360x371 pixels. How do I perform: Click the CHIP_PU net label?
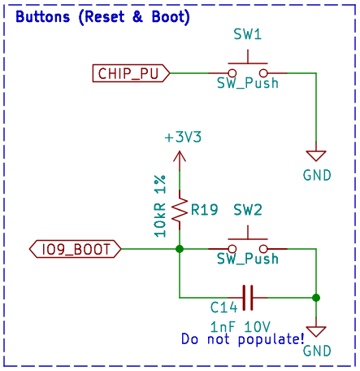coord(131,73)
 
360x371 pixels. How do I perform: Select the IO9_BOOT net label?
coord(75,249)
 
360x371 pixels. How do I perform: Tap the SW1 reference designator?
coord(248,34)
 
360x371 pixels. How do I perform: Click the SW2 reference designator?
coord(248,210)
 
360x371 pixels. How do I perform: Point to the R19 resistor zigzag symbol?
coord(180,210)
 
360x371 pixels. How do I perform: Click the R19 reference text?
coord(205,210)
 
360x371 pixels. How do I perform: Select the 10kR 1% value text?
coord(160,206)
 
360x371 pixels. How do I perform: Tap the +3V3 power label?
coord(183,137)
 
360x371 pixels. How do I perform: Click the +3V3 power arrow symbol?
coord(180,160)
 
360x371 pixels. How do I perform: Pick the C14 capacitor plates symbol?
coord(248,298)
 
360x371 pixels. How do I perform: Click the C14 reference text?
coord(223,308)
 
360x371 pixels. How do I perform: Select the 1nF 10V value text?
coord(241,327)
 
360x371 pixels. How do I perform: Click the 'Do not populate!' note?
coord(243,339)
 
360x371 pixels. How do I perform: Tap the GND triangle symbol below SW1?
coord(316,155)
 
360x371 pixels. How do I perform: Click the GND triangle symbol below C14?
coord(316,331)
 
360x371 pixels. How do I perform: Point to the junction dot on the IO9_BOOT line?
coord(180,249)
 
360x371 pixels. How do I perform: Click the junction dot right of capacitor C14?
coord(316,298)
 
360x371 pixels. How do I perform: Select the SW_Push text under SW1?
coord(248,83)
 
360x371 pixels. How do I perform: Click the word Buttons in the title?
coord(43,17)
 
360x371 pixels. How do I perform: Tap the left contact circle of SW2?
coord(232,249)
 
